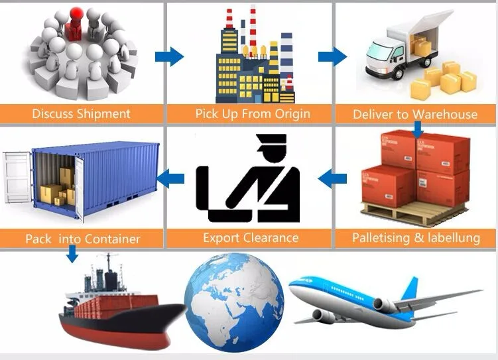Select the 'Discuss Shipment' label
[x=81, y=113]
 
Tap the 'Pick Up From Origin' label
[x=253, y=113]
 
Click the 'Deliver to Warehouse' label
[x=415, y=114]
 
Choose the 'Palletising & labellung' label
[x=416, y=237]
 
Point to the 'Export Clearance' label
[x=251, y=237]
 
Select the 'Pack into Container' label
[x=82, y=238]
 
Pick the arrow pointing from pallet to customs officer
[x=334, y=177]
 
